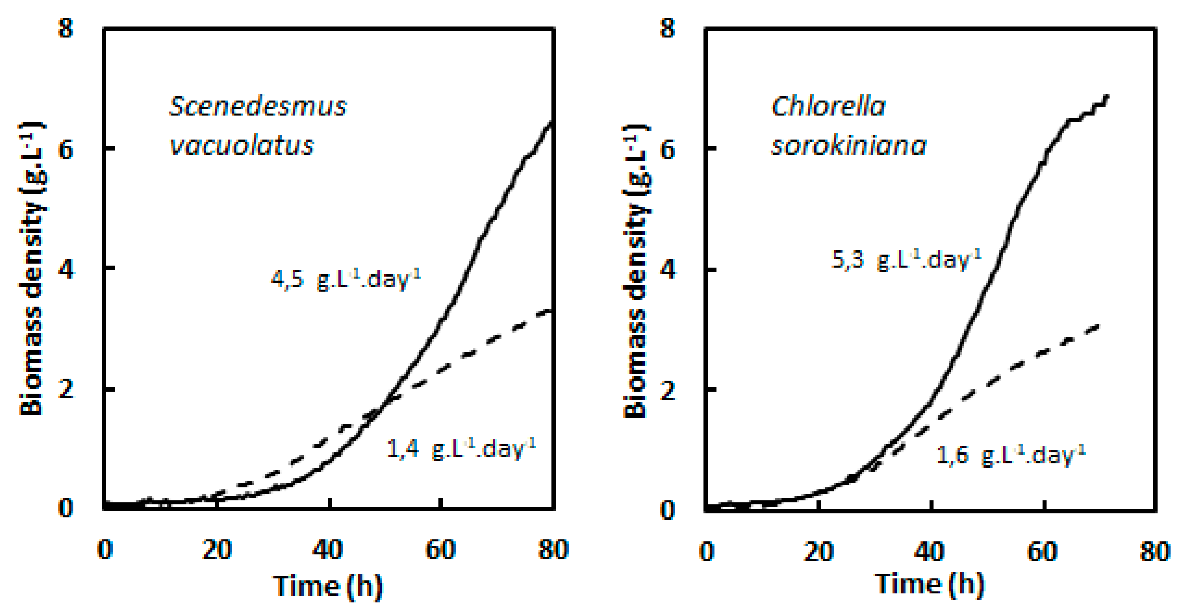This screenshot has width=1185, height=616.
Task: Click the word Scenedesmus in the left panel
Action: (x=258, y=107)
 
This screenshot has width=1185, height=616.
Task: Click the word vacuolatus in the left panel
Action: (x=242, y=146)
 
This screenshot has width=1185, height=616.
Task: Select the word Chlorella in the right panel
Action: (x=828, y=107)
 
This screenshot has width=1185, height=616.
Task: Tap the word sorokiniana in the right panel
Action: (x=849, y=146)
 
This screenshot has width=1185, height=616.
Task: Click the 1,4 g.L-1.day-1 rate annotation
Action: (x=461, y=448)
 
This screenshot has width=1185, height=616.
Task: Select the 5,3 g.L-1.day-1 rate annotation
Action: (x=906, y=259)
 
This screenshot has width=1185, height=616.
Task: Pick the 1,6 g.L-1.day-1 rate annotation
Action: (x=1011, y=455)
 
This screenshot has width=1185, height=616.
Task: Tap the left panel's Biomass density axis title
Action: (x=31, y=269)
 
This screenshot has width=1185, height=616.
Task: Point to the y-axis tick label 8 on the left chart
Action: (x=66, y=29)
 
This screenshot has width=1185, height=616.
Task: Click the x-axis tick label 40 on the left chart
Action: (x=328, y=549)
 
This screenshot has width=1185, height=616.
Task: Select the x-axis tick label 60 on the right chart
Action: (x=1043, y=551)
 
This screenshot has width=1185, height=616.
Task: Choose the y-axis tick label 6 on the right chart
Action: (x=668, y=149)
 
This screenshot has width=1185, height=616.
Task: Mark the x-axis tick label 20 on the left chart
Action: (x=216, y=549)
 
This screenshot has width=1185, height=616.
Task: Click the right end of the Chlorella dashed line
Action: (x=1099, y=326)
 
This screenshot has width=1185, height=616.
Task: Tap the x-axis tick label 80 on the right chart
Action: (x=1155, y=551)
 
